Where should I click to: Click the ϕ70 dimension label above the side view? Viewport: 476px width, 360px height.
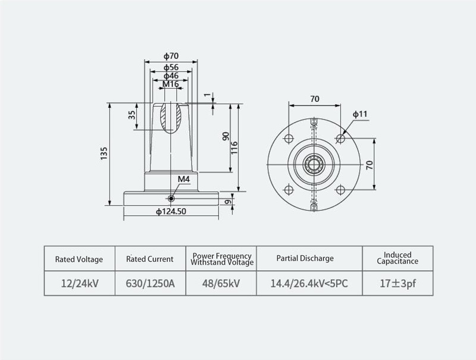[x=171, y=56]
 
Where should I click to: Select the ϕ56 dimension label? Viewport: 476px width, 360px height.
[x=171, y=67]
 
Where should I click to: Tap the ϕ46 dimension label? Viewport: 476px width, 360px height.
[x=171, y=76]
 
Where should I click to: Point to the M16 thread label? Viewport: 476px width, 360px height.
[x=171, y=84]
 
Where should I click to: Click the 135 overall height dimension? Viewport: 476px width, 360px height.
[x=104, y=154]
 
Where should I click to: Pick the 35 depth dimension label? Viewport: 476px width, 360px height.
[x=131, y=115]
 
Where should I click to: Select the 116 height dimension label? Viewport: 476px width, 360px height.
[x=234, y=148]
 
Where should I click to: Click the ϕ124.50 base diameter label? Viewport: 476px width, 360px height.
[x=171, y=211]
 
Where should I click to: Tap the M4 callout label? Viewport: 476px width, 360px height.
[x=184, y=179]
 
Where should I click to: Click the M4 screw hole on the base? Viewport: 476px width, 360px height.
[x=171, y=199]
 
